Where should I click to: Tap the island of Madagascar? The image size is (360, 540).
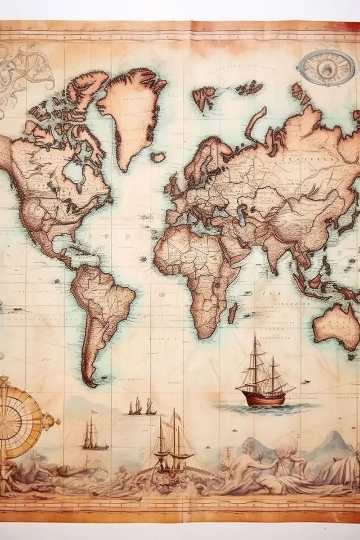232,313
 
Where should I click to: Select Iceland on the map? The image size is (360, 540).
158,157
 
